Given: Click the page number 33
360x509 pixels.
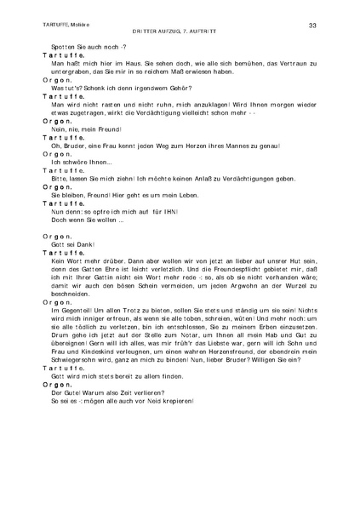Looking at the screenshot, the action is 313,26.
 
